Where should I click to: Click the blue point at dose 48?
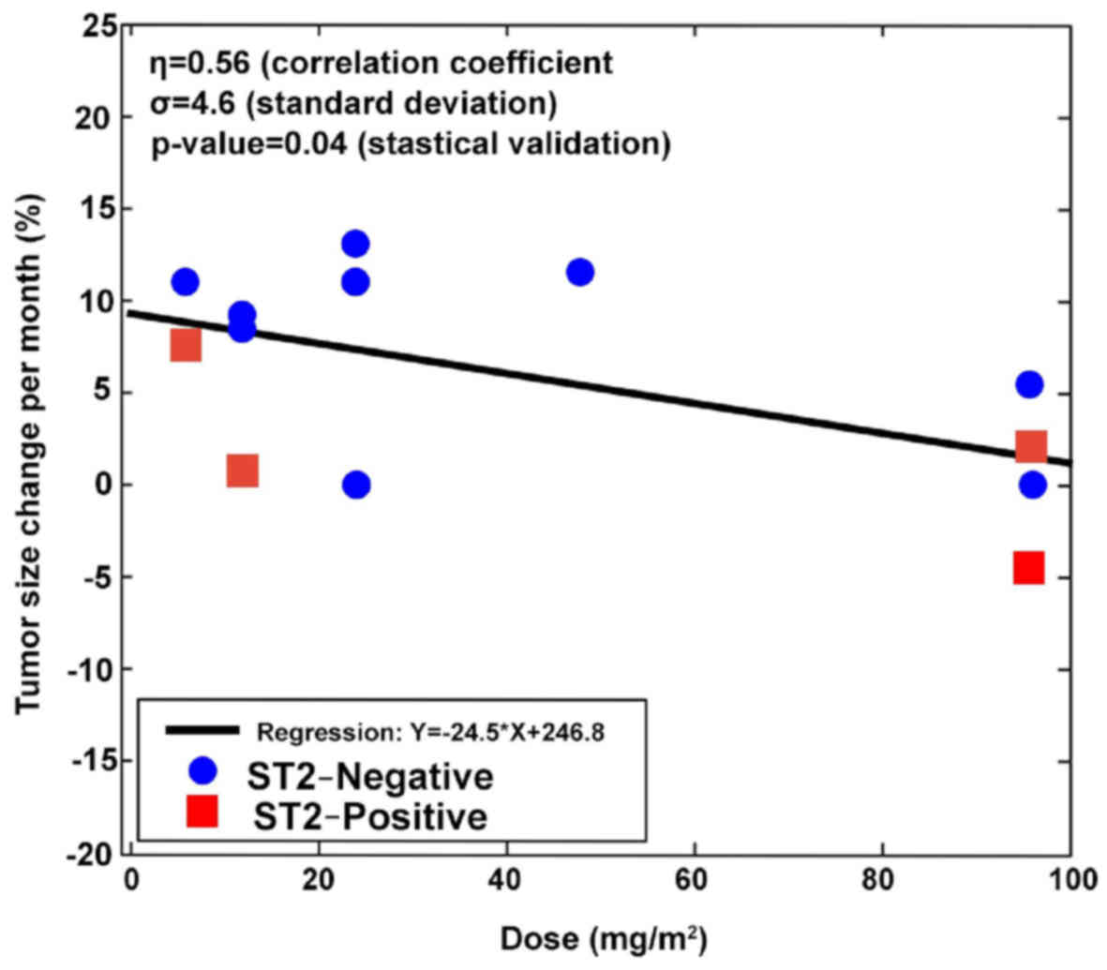pos(580,272)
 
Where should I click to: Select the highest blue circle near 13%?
pos(355,244)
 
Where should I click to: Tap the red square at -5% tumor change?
pos(1028,567)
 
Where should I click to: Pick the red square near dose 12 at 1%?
pos(242,470)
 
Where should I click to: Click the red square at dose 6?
pos(186,345)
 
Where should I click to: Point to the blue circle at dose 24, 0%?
pos(356,485)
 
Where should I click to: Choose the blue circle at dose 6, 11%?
pos(186,281)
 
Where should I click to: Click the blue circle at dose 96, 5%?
pos(1029,384)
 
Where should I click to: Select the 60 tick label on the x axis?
pos(695,881)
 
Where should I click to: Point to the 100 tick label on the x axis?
pos(1069,881)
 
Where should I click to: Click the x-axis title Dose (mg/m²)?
pos(604,939)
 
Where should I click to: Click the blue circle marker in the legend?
pos(202,770)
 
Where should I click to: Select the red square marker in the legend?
pos(202,811)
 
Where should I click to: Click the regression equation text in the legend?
pos(430,731)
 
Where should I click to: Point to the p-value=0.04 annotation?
pos(411,145)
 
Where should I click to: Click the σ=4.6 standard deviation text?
pos(353,104)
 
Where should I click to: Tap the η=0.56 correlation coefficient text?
pos(381,63)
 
